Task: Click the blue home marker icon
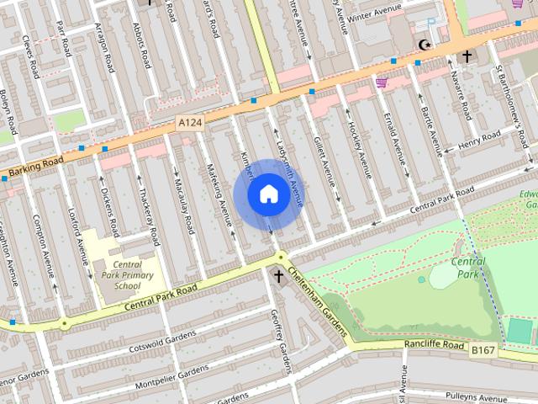click(x=268, y=194)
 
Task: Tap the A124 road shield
click(x=191, y=123)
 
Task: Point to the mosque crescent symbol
click(x=425, y=45)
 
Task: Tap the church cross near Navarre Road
click(x=466, y=56)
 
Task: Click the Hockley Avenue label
click(x=361, y=150)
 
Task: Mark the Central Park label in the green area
click(x=468, y=268)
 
